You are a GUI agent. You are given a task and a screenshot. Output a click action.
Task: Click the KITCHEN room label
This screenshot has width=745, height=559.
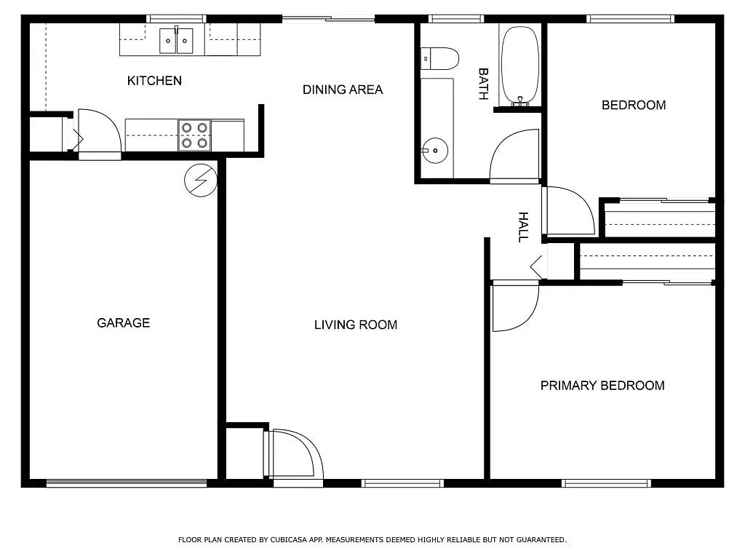click(x=154, y=81)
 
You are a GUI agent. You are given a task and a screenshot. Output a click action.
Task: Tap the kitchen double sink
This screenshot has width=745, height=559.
click(x=176, y=41)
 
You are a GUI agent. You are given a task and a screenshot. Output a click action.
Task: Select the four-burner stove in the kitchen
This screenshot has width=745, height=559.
click(x=194, y=135)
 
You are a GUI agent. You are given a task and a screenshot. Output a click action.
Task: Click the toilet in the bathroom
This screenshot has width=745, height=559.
click(x=439, y=58)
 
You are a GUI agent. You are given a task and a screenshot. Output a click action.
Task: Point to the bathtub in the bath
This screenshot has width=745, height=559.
click(x=519, y=66)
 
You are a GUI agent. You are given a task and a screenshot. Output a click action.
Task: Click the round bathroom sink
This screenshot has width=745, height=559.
click(x=435, y=151)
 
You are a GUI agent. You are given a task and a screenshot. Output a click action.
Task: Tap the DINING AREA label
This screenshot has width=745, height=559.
click(x=342, y=90)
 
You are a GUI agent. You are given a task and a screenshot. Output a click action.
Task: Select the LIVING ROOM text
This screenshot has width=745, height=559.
click(x=355, y=325)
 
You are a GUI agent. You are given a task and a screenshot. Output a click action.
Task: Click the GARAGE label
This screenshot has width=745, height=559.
click(x=123, y=322)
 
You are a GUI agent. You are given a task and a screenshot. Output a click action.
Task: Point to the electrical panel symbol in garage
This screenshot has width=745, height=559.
click(x=201, y=180)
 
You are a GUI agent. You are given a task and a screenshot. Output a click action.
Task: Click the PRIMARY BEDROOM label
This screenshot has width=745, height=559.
click(x=602, y=386)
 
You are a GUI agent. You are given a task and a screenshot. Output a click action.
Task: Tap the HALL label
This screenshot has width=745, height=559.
click(x=522, y=227)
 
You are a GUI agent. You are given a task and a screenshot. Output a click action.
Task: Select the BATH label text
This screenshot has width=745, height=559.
click(x=482, y=84)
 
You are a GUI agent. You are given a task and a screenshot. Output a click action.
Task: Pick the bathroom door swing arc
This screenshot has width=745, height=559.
click(x=514, y=157)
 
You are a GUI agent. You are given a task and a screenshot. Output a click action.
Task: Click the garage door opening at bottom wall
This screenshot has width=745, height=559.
click(x=127, y=483)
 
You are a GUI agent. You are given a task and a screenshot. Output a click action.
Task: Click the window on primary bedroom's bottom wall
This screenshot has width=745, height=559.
click(x=606, y=483)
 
